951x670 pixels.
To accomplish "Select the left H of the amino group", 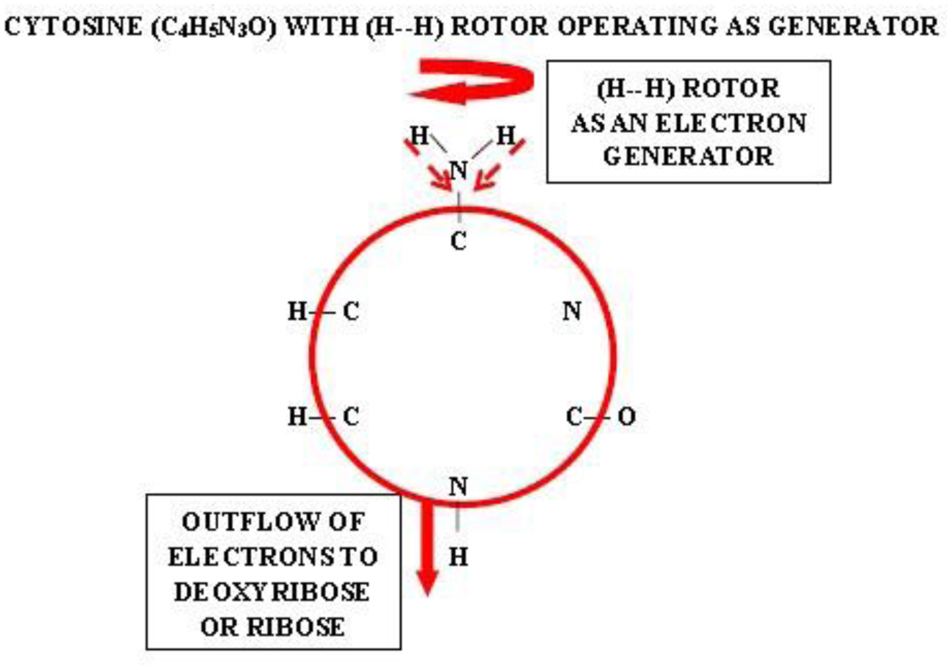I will (x=419, y=135).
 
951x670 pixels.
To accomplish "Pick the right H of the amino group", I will (x=505, y=135).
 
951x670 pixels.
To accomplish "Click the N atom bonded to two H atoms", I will (x=459, y=170).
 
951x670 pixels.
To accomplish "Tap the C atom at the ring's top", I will (x=459, y=241).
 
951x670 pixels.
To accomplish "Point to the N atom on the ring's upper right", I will (x=572, y=311).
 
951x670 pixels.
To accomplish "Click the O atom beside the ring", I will (x=627, y=416).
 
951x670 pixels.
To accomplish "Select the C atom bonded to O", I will (x=574, y=416).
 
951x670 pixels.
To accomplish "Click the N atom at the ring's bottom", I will (x=459, y=486).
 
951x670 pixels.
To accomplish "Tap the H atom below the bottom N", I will (x=459, y=557).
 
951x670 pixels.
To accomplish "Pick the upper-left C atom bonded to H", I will (x=351, y=311).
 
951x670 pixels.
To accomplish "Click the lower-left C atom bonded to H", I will (x=351, y=416).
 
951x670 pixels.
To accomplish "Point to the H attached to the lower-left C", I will (x=297, y=416).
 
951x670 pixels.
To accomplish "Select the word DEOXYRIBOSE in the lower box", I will (x=272, y=591).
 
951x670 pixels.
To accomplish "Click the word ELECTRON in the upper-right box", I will (x=731, y=123).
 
